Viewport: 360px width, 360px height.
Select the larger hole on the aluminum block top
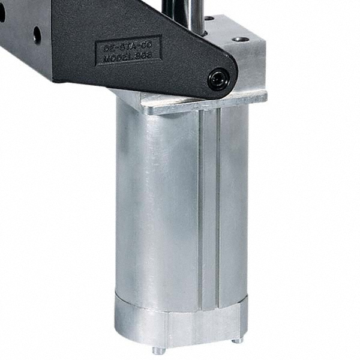[241, 39]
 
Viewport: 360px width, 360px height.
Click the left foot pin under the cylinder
[157, 350]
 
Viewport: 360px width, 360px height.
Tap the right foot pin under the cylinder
[238, 340]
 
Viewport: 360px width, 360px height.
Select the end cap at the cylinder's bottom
[180, 318]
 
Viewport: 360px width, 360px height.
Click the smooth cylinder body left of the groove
[156, 204]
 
